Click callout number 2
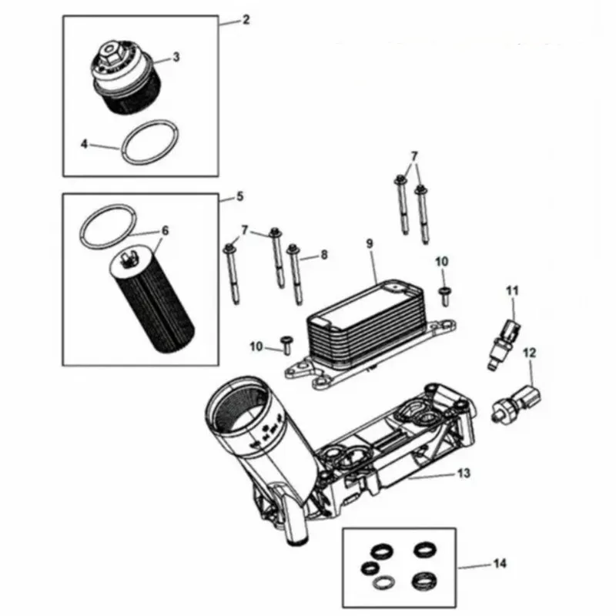tap(245, 20)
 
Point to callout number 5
tap(239, 197)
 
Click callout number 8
tap(323, 253)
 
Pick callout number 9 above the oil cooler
tap(369, 244)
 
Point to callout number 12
tap(528, 353)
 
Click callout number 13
tap(464, 473)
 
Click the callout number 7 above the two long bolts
tap(415, 156)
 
